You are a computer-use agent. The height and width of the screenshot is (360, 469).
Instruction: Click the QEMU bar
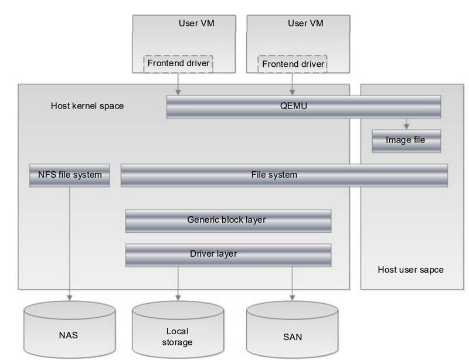[303, 107]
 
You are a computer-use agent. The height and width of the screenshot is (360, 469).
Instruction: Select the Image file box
[406, 140]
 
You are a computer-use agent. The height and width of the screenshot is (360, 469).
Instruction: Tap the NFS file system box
[70, 175]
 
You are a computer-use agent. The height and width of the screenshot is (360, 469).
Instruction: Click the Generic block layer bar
[228, 220]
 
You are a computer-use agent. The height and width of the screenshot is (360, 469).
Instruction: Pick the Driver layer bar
[228, 254]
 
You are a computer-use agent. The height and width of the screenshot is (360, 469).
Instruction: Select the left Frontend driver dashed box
[178, 63]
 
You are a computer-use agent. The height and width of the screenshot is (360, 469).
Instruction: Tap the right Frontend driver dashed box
[292, 63]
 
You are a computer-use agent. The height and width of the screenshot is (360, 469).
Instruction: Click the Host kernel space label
[87, 106]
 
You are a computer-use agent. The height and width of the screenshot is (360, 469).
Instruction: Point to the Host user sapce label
[410, 270]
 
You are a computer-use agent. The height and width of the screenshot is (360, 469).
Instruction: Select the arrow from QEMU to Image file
[406, 123]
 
